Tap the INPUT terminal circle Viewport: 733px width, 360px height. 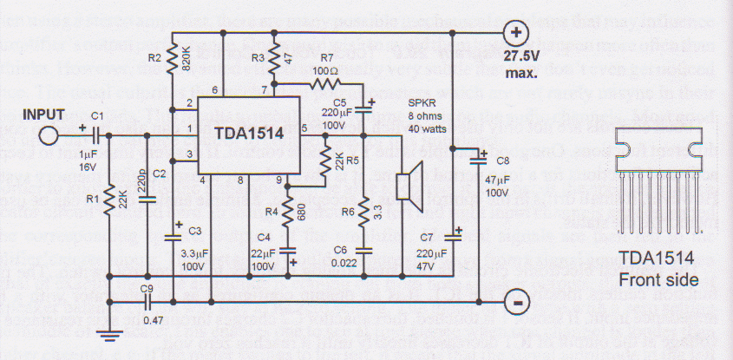coord(49,134)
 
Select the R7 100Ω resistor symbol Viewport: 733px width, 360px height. coord(326,84)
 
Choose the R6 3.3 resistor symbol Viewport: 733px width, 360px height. coord(363,210)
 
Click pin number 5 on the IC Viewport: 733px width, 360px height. coord(304,129)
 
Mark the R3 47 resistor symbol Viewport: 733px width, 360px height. coord(274,59)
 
